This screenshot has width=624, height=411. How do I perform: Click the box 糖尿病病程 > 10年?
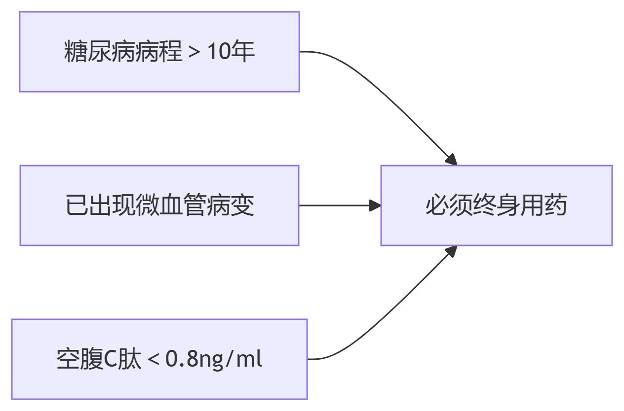coord(159,52)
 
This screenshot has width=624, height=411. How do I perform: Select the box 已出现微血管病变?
coord(159,205)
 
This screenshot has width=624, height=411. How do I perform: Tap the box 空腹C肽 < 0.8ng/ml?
coord(159,359)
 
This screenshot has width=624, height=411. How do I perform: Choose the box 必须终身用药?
coord(496,205)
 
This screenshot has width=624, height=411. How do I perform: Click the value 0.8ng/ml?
coord(213,360)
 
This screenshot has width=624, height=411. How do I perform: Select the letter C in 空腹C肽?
coord(111,360)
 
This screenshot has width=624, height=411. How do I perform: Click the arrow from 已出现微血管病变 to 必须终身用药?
coord(336,205)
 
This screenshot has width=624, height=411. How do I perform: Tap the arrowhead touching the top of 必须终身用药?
coord(452,160)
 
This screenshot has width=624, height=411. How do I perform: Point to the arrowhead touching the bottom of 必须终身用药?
coord(451,251)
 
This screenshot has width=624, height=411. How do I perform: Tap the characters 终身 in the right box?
coord(496,205)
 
